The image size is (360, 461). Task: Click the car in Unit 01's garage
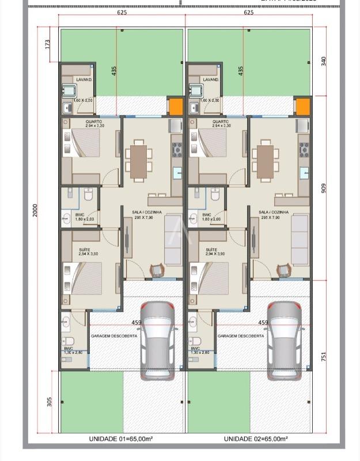pos(157,341)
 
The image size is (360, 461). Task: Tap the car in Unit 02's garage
pos(284,341)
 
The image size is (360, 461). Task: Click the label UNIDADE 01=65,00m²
pos(120,439)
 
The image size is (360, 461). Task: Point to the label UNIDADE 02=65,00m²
pos(256,439)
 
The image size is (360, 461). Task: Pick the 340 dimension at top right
pos(324,61)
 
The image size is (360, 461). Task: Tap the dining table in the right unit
pos(266,161)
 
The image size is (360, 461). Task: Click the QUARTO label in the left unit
pos(94,122)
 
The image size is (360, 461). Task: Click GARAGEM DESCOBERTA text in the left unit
pos(114,335)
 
